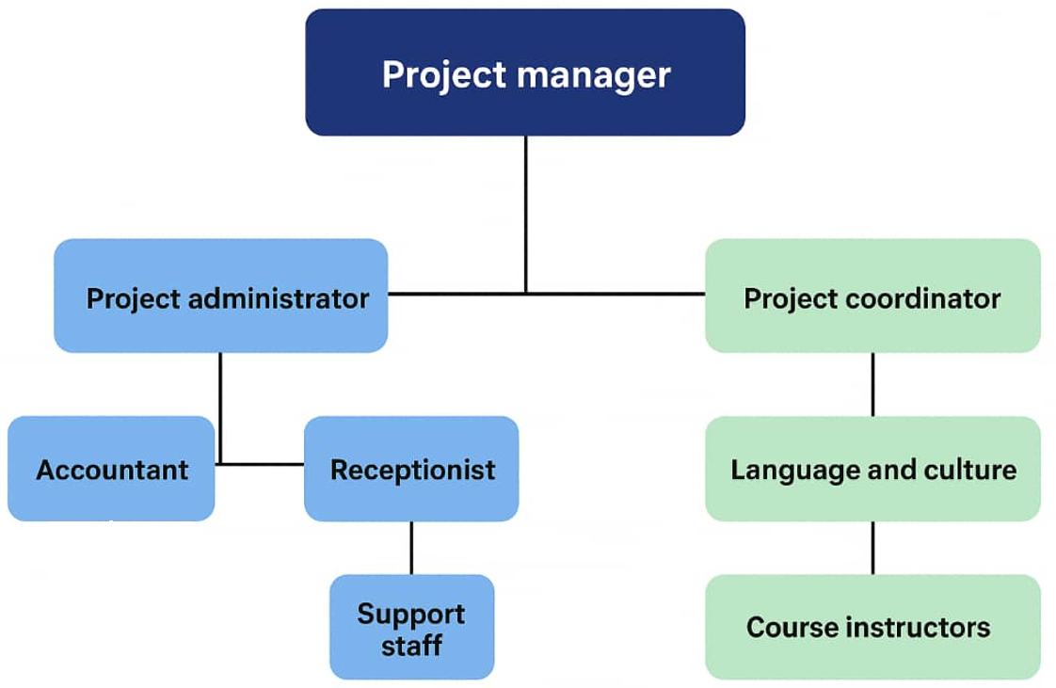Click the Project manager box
525,72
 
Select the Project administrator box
220,296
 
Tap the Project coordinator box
872,296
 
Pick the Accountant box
111,469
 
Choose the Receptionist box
411,469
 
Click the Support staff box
411,627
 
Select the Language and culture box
872,469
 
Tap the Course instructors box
872,627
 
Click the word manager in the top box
593,74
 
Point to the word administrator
279,299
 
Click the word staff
411,647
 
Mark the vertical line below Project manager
525,212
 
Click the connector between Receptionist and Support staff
411,547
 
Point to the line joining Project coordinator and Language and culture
872,384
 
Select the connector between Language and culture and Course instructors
872,547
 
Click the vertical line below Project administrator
220,405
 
